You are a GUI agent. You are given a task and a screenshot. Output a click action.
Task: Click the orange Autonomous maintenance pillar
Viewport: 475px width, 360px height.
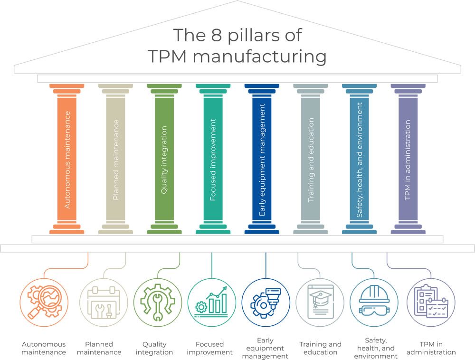pyautogui.click(x=67, y=159)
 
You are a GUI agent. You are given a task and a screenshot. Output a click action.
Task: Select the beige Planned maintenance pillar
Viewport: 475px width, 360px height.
pyautogui.click(x=115, y=159)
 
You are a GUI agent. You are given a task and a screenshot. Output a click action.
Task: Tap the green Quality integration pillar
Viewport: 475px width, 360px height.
pyautogui.click(x=164, y=159)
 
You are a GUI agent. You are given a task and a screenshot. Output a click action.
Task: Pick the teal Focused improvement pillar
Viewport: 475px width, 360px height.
pyautogui.click(x=213, y=159)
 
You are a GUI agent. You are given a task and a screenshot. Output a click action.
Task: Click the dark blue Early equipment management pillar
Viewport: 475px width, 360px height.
pyautogui.click(x=262, y=159)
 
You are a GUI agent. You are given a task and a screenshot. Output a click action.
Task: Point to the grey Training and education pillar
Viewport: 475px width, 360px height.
pyautogui.click(x=311, y=159)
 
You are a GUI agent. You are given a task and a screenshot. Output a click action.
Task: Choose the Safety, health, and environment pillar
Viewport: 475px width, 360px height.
pyautogui.click(x=359, y=159)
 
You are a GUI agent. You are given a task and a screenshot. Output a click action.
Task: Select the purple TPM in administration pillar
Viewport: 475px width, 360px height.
pyautogui.click(x=408, y=159)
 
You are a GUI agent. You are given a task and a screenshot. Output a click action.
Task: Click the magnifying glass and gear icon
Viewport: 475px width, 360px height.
pyautogui.click(x=45, y=302)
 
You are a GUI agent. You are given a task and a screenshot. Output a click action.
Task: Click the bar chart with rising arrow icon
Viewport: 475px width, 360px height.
pyautogui.click(x=211, y=302)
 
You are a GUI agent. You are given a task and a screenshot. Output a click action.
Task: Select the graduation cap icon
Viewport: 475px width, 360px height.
pyautogui.click(x=320, y=302)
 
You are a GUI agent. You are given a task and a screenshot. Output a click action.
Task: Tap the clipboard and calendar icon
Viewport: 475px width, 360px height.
pyautogui.click(x=431, y=302)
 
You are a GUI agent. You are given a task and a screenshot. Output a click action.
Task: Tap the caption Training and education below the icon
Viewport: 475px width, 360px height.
pyautogui.click(x=320, y=348)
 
